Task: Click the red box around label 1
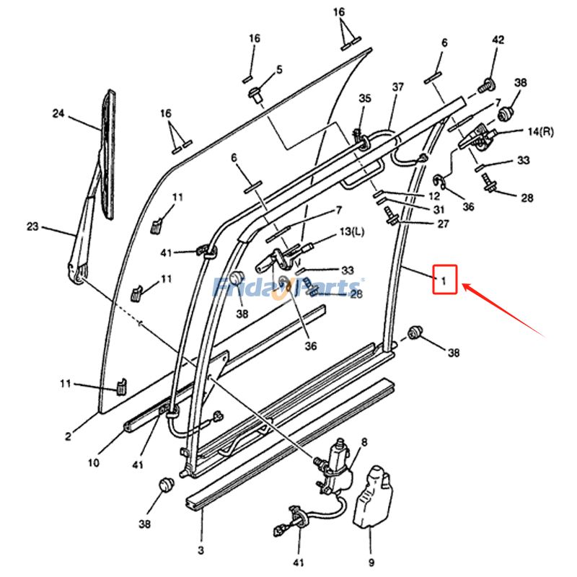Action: pyautogui.click(x=445, y=279)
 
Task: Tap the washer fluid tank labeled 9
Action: pyautogui.click(x=370, y=498)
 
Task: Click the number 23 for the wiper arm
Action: pyautogui.click(x=32, y=226)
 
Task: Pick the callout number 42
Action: pyautogui.click(x=498, y=40)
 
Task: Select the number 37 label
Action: pyautogui.click(x=398, y=87)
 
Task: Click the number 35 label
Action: pyautogui.click(x=365, y=98)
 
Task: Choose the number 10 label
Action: pyautogui.click(x=94, y=463)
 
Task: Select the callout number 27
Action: pyautogui.click(x=443, y=224)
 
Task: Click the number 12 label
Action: pyautogui.click(x=433, y=196)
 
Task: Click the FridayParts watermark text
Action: pyautogui.click(x=288, y=288)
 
